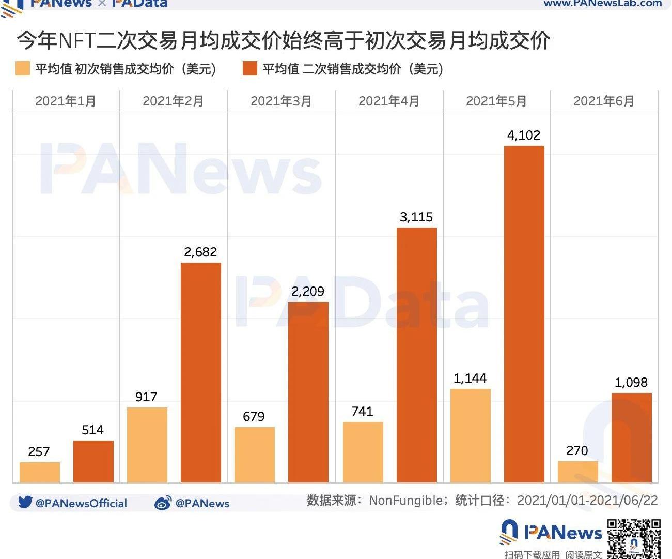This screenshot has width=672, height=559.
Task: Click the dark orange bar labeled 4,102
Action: tap(524, 314)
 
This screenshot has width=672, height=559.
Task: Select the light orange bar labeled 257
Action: tap(40, 472)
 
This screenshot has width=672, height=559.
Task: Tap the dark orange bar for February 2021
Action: tap(201, 372)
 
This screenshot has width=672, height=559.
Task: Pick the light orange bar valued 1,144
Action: tap(470, 435)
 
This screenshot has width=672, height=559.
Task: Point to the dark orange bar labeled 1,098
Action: tap(631, 437)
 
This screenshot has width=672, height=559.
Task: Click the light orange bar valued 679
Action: tap(255, 455)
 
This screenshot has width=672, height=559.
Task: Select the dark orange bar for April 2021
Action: tap(416, 355)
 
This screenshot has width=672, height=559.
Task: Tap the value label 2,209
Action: tap(308, 292)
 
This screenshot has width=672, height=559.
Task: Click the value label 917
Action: tap(146, 397)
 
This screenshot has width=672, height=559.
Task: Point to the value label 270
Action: tap(577, 451)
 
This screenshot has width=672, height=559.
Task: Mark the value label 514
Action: tap(92, 430)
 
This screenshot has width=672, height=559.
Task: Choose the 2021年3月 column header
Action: tap(281, 101)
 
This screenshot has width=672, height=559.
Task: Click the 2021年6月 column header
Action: tap(604, 101)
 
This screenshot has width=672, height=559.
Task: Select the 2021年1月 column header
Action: tap(66, 101)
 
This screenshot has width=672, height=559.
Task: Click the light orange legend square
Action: tap(23, 69)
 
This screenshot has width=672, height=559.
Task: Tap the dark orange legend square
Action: tap(250, 69)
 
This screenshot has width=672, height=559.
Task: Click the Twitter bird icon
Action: tap(25, 502)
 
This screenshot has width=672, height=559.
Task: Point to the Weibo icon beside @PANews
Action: tap(163, 503)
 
